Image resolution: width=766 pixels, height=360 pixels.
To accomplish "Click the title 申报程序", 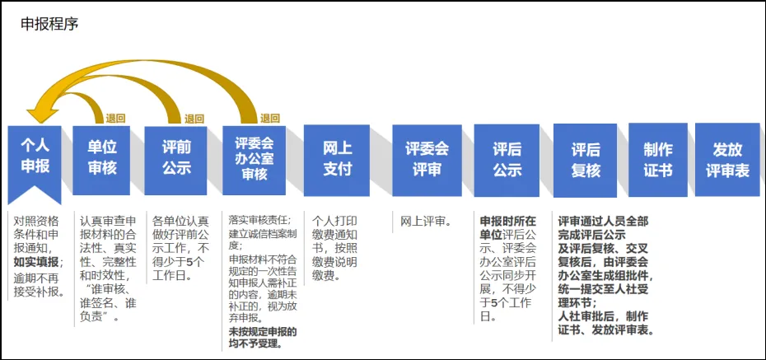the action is tap(49, 23).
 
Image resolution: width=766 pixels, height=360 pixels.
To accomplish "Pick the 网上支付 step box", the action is tap(337, 158).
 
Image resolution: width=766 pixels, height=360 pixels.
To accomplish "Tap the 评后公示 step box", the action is tap(507, 158).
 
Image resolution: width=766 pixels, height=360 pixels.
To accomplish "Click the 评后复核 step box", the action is tap(586, 158).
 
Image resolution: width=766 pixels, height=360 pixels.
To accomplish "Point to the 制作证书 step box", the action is tap(658, 158).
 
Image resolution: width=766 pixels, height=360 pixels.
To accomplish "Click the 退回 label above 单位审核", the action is tap(115, 119).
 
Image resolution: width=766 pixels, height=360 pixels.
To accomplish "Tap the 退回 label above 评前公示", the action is tap(194, 119).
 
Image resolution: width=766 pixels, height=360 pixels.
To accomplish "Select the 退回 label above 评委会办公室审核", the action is tap(270, 119).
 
